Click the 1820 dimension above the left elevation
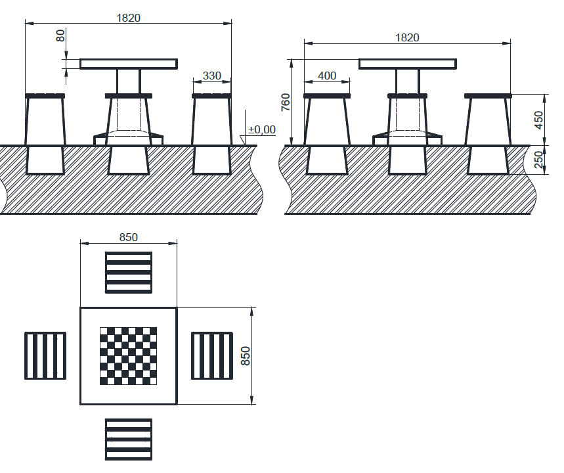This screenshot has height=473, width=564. click(x=129, y=18)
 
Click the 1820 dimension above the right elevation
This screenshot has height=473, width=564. click(x=407, y=37)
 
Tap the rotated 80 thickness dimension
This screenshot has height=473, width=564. click(x=61, y=35)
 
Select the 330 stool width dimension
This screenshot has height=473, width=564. click(x=212, y=76)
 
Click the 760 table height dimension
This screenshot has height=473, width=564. click(x=286, y=102)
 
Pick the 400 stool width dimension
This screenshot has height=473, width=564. click(x=326, y=76)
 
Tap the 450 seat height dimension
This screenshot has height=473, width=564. click(x=539, y=119)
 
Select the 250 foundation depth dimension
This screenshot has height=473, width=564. click(x=539, y=160)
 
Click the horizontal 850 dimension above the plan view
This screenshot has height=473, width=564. click(x=129, y=237)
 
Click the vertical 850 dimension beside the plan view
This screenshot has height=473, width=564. click(x=246, y=355)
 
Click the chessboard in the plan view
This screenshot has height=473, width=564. click(x=129, y=355)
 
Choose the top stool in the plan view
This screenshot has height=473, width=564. click(x=129, y=272)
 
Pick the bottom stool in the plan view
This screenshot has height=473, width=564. click(x=129, y=439)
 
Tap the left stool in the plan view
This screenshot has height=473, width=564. click(x=45, y=355)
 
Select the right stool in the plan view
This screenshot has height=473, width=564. click(x=212, y=355)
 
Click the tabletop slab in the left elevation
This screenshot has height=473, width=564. click(x=129, y=64)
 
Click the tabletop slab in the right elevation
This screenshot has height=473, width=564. click(x=407, y=64)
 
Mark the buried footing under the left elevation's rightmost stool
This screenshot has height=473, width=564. click(x=212, y=160)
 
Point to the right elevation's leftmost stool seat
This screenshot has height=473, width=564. click(x=326, y=97)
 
